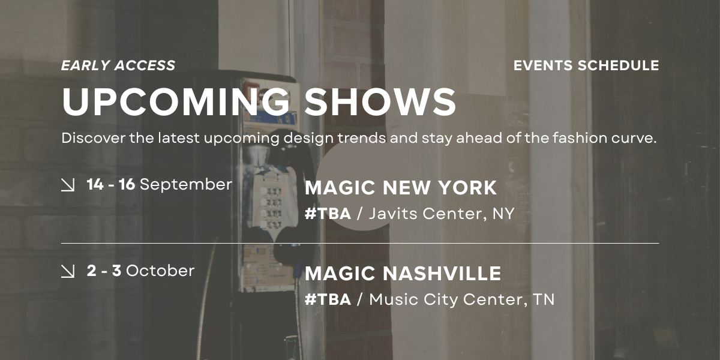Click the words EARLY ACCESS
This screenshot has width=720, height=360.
click(118, 65)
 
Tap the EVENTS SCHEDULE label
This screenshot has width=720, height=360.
click(586, 65)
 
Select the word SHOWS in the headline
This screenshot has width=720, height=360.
click(380, 101)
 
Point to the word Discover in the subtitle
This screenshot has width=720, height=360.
click(93, 138)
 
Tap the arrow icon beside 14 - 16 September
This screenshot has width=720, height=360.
click(68, 185)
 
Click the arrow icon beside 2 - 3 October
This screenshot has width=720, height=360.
click(68, 271)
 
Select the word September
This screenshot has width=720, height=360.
click(186, 185)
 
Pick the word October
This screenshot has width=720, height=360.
click(160, 271)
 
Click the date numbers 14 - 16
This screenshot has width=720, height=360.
click(111, 185)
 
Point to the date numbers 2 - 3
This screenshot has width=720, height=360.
click(104, 271)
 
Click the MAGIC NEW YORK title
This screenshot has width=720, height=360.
click(401, 188)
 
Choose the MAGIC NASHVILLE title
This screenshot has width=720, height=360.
click(403, 274)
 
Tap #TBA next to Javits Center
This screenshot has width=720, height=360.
click(328, 214)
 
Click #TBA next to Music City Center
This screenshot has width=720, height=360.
click(328, 299)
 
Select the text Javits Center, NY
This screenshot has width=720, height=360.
click(442, 214)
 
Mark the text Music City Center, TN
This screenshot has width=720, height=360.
click(462, 300)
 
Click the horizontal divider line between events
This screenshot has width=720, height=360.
click(360, 244)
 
